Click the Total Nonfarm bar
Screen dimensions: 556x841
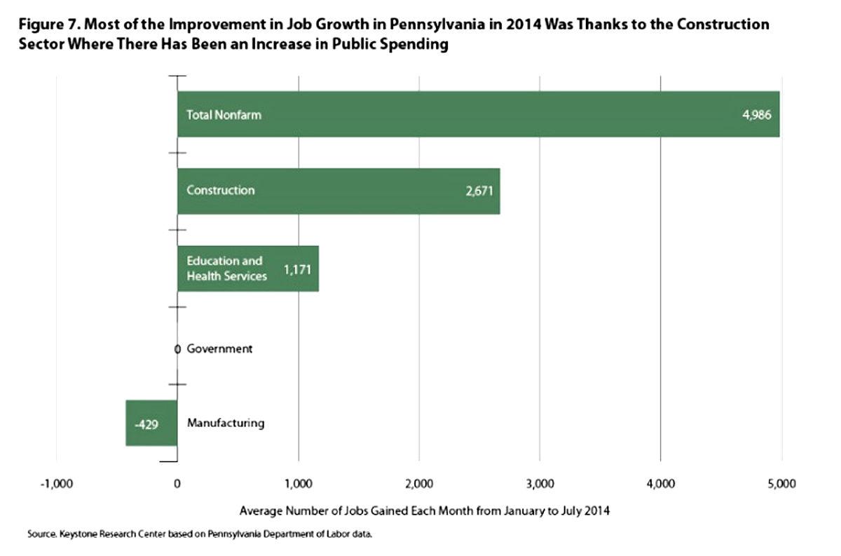(477, 114)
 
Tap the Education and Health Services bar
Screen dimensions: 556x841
(247, 269)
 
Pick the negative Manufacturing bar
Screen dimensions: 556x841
(151, 423)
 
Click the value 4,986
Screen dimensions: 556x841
(757, 114)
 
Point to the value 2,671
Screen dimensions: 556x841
(480, 191)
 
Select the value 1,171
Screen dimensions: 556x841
(297, 269)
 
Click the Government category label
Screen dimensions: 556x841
(219, 348)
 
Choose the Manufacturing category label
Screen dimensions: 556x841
(226, 423)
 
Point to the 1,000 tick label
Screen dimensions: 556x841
(299, 483)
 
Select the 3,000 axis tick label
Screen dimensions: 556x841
(540, 483)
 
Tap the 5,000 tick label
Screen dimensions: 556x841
(781, 483)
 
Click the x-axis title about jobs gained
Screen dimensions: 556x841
(425, 511)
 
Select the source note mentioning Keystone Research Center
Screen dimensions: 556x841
(200, 534)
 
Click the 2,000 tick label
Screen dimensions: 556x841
(419, 483)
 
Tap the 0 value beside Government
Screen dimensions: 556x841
(177, 348)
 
